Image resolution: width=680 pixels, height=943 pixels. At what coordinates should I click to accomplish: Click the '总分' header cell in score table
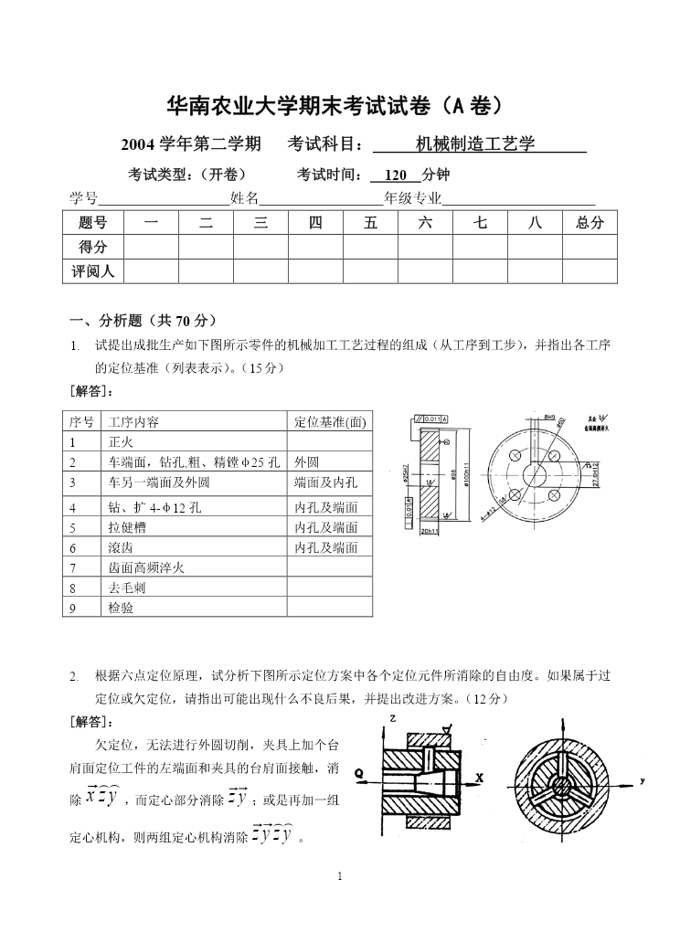[590, 222]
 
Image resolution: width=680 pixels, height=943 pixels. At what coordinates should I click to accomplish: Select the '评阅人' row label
[92, 271]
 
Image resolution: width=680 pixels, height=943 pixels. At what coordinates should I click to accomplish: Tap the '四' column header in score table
[315, 222]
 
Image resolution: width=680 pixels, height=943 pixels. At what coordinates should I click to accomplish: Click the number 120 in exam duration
[396, 175]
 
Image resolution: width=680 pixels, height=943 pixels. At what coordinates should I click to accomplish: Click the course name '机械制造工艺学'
[474, 144]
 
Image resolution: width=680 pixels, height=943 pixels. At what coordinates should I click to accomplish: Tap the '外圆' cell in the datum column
[307, 462]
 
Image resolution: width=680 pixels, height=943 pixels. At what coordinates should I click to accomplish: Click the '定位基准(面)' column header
[330, 422]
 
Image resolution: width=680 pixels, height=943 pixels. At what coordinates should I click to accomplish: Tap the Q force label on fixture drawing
[359, 773]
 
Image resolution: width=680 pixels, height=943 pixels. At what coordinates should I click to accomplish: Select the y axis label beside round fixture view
[643, 781]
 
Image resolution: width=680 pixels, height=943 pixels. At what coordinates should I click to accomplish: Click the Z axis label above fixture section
[391, 719]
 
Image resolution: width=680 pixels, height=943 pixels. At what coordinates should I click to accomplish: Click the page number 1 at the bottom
[340, 877]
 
